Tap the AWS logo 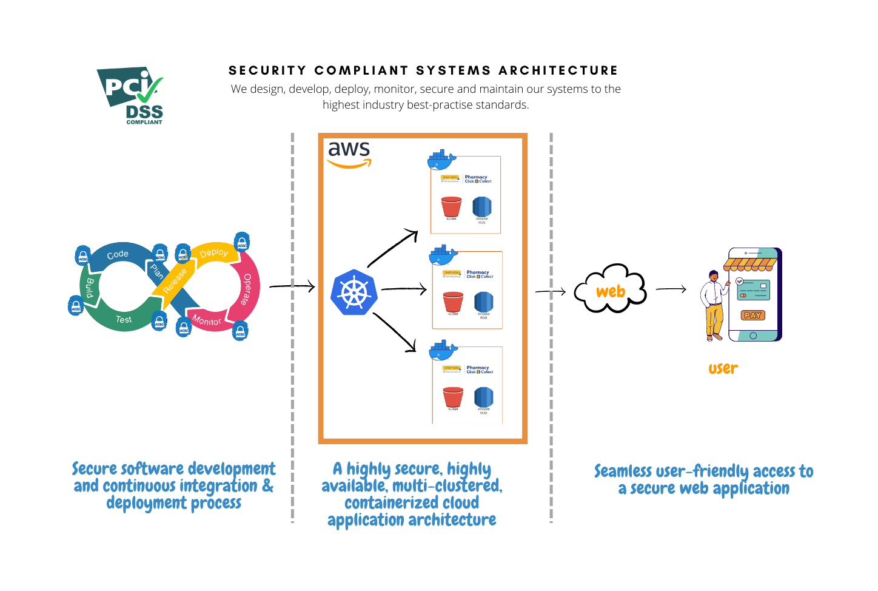(349, 154)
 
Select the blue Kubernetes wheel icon (354, 292)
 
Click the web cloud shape (611, 290)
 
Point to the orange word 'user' (723, 368)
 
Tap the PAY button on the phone (752, 315)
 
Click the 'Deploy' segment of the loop (214, 252)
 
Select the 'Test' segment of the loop (124, 319)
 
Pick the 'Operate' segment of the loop (247, 289)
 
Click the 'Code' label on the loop (118, 254)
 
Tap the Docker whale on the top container (441, 160)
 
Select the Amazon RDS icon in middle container (483, 302)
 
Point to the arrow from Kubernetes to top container (392, 248)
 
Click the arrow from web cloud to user (671, 289)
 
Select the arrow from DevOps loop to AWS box (292, 286)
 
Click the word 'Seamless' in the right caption (623, 471)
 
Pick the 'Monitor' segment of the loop (207, 320)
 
